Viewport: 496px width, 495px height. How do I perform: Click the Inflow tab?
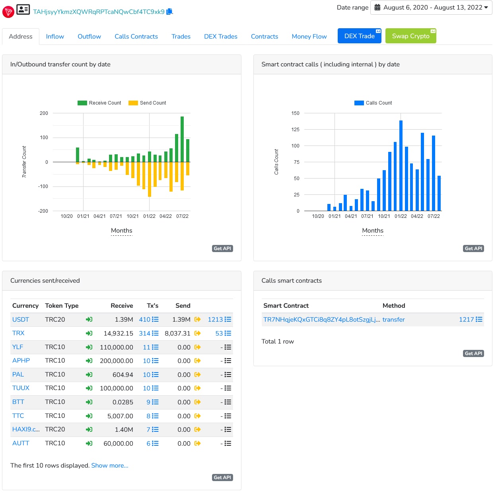[55, 37]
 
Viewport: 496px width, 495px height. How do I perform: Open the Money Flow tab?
[309, 37]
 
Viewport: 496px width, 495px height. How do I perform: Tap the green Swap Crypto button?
[410, 36]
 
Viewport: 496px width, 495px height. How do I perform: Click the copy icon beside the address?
[169, 12]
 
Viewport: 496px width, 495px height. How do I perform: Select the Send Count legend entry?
[147, 103]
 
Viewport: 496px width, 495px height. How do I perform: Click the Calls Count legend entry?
[373, 103]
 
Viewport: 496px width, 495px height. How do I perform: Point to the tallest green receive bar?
[182, 139]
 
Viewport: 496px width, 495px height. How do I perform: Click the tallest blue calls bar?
[401, 165]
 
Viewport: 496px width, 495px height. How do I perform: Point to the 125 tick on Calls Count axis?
[295, 130]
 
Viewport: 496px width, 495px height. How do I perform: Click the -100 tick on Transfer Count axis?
[43, 186]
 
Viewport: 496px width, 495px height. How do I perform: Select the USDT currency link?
[21, 319]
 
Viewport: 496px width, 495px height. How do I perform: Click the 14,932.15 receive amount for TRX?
[118, 333]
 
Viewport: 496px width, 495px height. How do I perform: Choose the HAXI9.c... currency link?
[26, 429]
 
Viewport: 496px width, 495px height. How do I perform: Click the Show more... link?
[110, 466]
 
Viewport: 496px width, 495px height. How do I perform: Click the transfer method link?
[393, 319]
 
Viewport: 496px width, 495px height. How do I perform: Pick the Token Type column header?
[62, 305]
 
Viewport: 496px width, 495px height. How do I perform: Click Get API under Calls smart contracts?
[473, 353]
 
